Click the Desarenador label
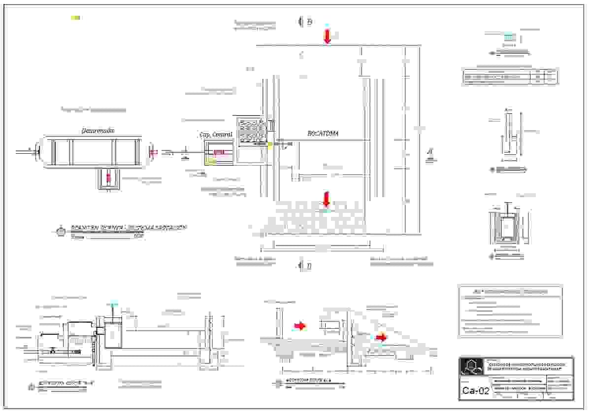coord(98,131)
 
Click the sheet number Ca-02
coord(476,391)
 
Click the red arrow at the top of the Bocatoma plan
coord(327,36)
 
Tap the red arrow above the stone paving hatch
coord(326,200)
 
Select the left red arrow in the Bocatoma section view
coord(299,325)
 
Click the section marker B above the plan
coord(309,22)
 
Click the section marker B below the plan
coord(309,266)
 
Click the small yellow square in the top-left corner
coord(75,18)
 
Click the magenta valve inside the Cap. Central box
coord(219,152)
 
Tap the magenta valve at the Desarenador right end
coord(153,152)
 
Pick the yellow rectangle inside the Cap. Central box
coord(211,161)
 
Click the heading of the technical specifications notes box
coord(510,291)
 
